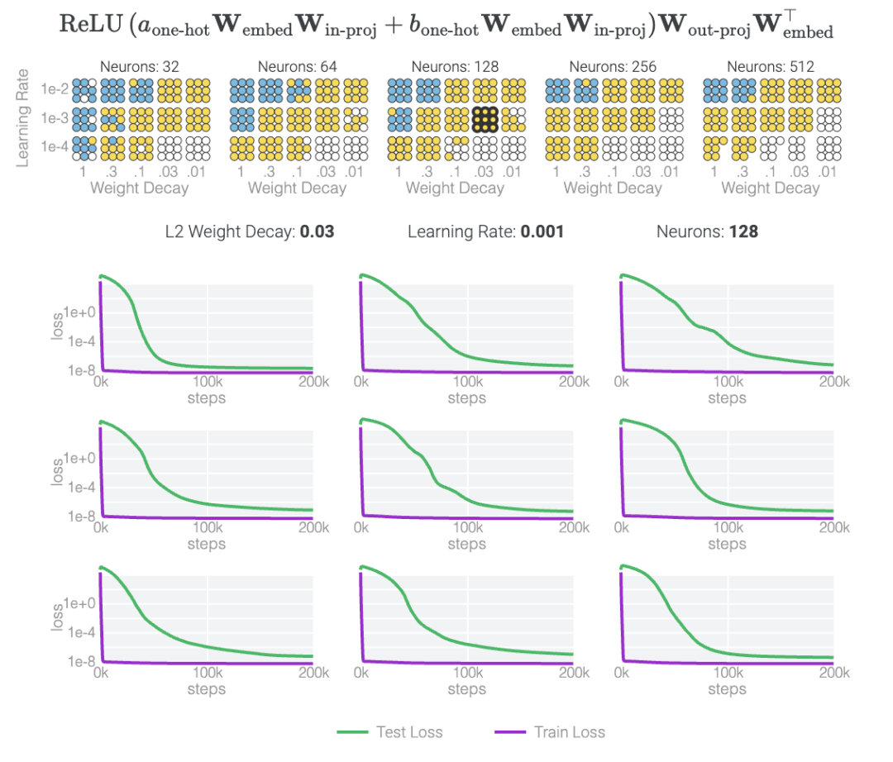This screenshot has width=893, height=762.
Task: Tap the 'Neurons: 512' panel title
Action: pos(771,66)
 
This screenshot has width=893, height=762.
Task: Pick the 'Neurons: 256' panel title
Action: pos(613,66)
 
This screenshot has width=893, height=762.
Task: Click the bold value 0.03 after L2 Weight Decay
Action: pos(317,231)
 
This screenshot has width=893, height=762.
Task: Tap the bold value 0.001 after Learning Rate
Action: pos(542,231)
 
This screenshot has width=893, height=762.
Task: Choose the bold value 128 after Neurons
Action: pos(743,231)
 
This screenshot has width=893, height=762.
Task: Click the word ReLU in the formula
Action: pos(83,22)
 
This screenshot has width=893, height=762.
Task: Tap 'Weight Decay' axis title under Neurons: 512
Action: pos(771,188)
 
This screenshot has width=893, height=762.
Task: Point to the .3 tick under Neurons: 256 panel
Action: pos(585,172)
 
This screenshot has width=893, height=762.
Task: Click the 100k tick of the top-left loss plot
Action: pos(207,382)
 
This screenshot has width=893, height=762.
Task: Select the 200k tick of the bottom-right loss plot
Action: pos(833,673)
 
